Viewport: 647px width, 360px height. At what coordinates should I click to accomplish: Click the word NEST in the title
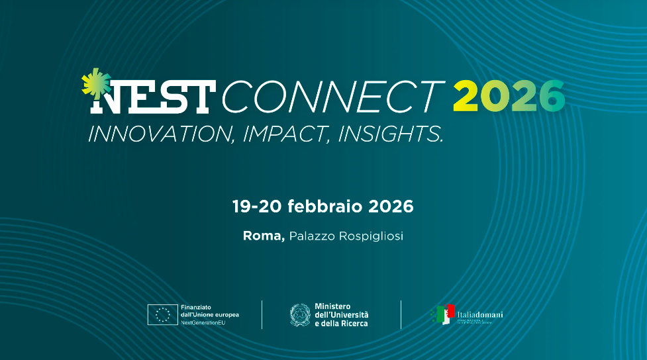tap(151, 97)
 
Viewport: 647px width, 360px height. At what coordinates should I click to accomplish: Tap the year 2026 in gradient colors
tap(509, 97)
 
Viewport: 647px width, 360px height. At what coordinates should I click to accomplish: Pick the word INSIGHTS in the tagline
tap(390, 134)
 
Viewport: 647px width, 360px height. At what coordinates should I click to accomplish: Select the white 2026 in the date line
tap(391, 206)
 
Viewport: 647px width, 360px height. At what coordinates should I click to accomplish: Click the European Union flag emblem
tap(162, 314)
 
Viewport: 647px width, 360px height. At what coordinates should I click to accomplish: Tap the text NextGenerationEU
tap(203, 322)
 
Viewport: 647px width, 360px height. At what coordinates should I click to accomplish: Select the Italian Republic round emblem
tap(300, 314)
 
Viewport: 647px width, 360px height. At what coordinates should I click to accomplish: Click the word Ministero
tap(333, 306)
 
